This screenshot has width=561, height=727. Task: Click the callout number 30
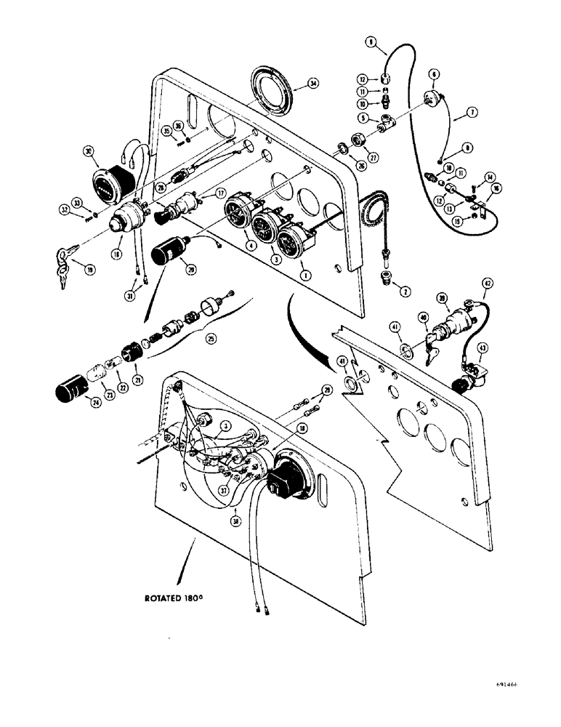click(x=88, y=151)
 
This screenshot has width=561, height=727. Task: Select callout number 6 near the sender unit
click(x=435, y=74)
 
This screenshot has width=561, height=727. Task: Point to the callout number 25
click(x=211, y=339)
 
